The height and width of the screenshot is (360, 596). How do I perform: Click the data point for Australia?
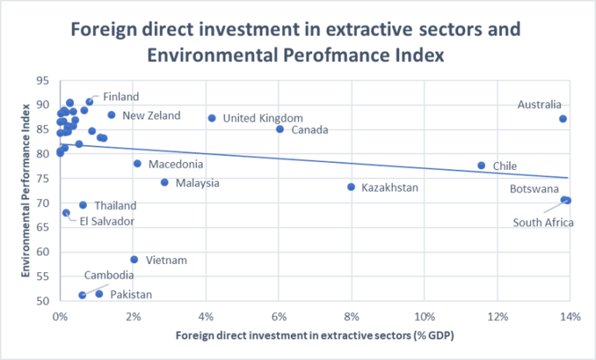pos(563,119)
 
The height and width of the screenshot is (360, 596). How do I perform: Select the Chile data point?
pos(481,165)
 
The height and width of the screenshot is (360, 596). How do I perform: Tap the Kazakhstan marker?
pos(351,187)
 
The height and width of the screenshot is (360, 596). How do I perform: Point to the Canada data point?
pos(279,129)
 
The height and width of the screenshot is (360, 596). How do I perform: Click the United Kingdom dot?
pos(212,118)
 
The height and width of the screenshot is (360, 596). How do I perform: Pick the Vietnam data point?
pos(134,260)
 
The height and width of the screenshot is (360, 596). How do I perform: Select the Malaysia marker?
pos(165,182)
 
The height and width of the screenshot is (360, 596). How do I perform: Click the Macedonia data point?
pos(137,164)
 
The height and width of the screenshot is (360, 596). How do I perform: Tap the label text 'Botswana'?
pos(534,189)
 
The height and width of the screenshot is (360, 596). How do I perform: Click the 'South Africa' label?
pos(543,223)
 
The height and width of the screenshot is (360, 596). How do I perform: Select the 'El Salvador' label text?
pos(106,221)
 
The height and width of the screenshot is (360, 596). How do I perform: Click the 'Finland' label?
pos(121,97)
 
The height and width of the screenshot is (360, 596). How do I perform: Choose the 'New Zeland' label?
pos(151,116)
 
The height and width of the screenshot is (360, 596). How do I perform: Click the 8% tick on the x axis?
pos(351,316)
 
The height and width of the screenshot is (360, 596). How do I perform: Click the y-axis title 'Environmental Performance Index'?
pos(26,190)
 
